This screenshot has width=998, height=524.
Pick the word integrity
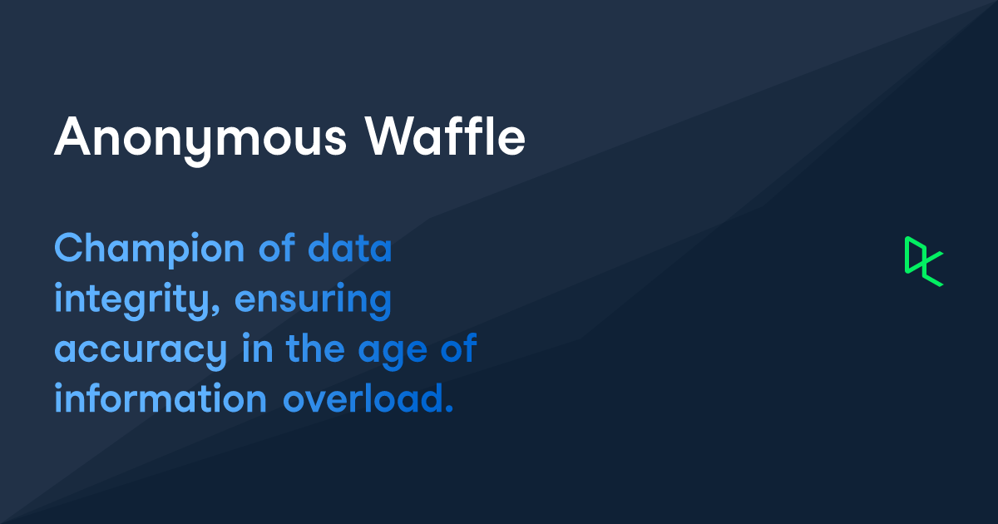point(134,301)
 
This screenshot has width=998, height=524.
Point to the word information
point(161,398)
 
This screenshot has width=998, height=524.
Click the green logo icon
point(923,261)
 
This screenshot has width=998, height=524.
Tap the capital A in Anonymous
point(72,137)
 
